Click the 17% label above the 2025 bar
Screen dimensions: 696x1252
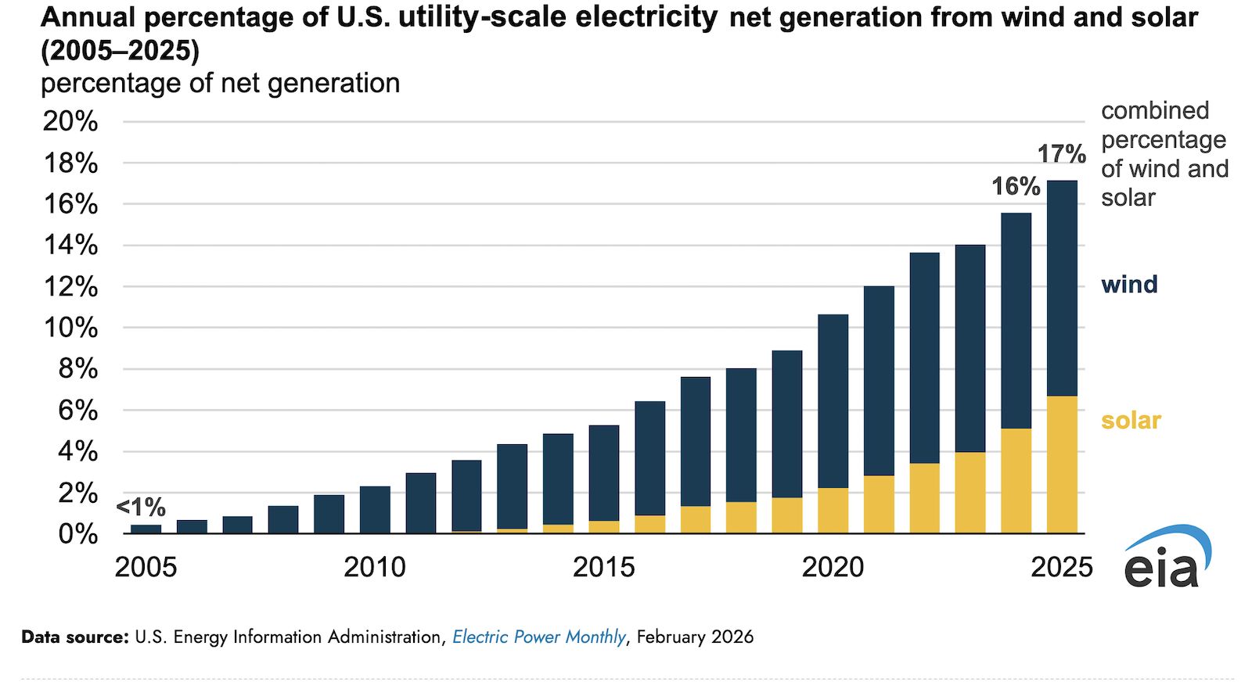1061,154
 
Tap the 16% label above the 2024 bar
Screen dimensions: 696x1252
1016,186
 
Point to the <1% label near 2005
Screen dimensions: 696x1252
141,508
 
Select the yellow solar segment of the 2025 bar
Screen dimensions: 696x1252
1062,465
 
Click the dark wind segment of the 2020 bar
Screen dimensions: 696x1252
833,400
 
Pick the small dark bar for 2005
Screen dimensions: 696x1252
146,529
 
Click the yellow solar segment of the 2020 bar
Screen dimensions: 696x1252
833,511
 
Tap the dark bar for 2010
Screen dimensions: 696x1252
375,510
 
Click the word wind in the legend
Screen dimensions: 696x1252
1129,284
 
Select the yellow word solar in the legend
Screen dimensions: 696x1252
1131,420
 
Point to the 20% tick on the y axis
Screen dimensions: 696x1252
70,121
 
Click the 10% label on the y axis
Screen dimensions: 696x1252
70,328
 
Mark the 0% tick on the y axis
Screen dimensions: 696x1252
78,534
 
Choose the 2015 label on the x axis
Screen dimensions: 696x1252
603,567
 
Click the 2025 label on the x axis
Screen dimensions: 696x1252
1061,567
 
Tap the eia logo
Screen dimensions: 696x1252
1166,558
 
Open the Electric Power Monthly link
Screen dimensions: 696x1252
539,637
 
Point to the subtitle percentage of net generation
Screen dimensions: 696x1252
220,83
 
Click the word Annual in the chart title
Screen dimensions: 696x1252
88,17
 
